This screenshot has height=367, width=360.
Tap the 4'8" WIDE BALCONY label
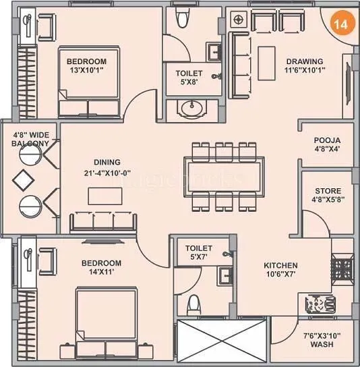click(x=30, y=139)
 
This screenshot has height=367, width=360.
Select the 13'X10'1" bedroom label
click(x=87, y=66)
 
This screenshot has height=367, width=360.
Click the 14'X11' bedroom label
click(x=101, y=268)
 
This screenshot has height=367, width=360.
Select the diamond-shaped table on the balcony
click(x=22, y=181)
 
